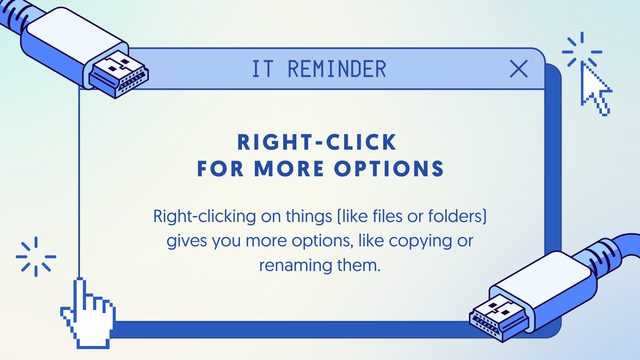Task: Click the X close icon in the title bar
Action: tap(519, 69)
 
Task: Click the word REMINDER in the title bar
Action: tap(337, 69)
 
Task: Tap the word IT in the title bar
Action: tap(263, 69)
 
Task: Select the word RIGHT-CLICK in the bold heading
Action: tap(317, 142)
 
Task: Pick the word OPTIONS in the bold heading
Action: tap(389, 169)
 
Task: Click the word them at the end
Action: tap(359, 265)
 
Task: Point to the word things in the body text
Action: tap(309, 217)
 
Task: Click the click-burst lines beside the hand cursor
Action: tap(36, 257)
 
